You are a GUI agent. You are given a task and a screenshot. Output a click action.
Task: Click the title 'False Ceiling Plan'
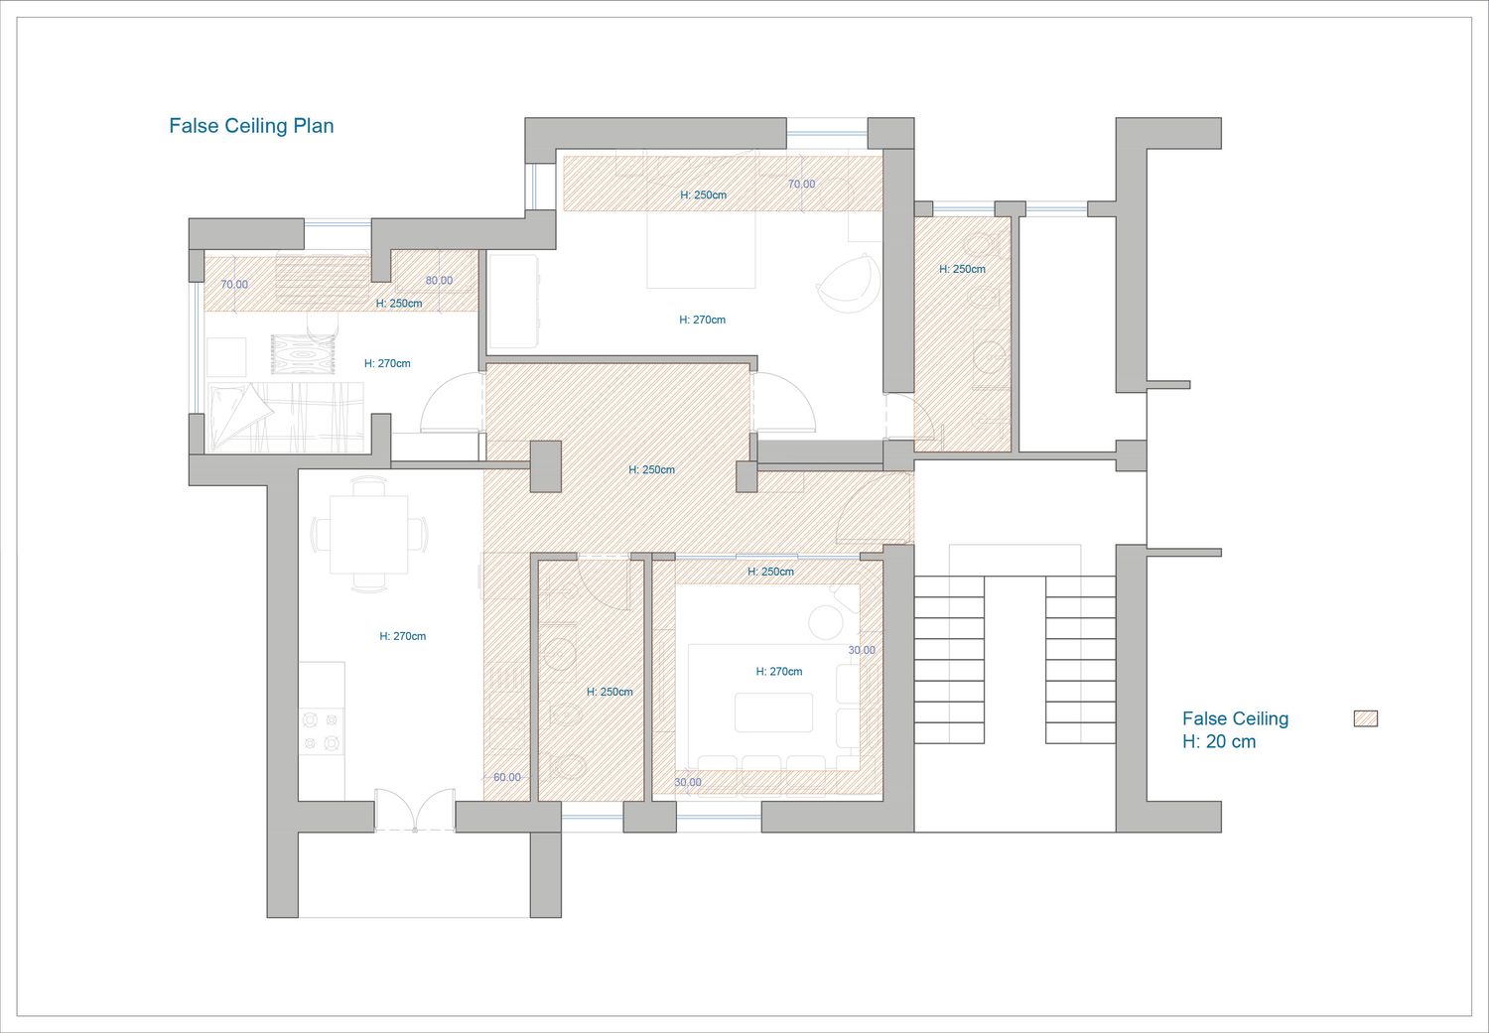pos(251,126)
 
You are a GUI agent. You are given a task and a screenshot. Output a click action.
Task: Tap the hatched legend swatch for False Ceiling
pos(1365,718)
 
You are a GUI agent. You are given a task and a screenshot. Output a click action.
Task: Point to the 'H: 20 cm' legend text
pos(1219,742)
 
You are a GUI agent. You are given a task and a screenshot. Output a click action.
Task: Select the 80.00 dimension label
pos(439,281)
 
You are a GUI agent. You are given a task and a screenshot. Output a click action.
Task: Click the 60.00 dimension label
pos(506,777)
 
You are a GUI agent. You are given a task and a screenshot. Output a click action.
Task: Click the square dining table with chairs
pos(369,534)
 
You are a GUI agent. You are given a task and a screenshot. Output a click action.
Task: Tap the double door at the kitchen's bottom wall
pos(415,810)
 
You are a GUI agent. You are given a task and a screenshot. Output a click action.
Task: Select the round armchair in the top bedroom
pos(848,283)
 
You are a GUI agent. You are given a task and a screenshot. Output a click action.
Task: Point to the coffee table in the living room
pos(773,712)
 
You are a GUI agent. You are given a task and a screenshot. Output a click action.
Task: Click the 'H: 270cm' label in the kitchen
pos(403,636)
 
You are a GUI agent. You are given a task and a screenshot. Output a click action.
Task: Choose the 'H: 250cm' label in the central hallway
pos(651,470)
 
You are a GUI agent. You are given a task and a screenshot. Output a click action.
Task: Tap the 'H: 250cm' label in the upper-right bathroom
pos(962,269)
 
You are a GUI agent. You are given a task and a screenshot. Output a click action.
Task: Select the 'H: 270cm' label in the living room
pos(779,672)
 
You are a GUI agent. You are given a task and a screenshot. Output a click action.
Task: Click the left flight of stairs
pos(949,660)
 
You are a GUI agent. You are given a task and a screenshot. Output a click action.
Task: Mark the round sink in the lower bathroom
pos(559,653)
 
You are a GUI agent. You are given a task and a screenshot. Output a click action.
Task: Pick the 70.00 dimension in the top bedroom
pos(801,184)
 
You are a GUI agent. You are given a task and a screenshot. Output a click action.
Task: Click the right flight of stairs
pos(1080,660)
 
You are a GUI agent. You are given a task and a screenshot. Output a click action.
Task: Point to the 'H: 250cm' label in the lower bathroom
pos(609,693)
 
